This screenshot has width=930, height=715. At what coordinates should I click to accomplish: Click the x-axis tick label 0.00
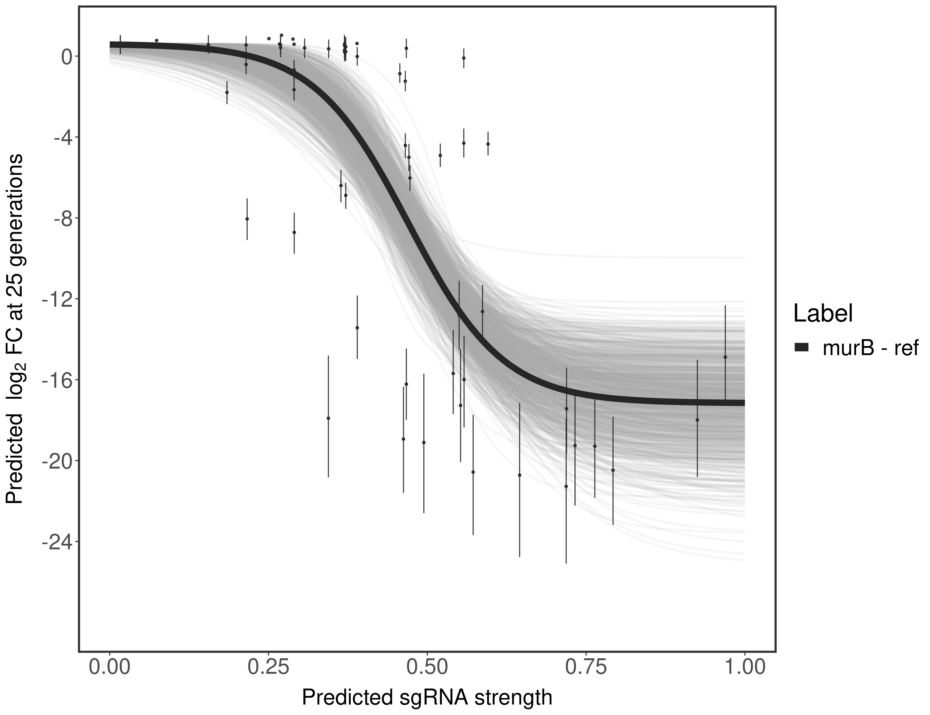[110, 667]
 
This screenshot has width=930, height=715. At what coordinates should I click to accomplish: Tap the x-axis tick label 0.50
[427, 667]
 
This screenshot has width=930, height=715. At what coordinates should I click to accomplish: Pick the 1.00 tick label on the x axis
[744, 667]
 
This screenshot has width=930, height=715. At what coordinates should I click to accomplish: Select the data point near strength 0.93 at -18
[697, 420]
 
